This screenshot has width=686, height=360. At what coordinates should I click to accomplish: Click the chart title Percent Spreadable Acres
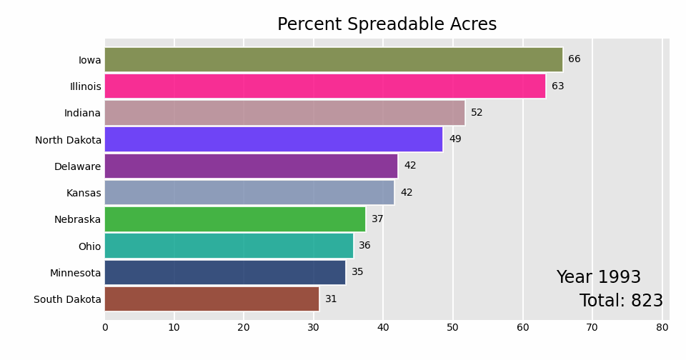[x=387, y=25]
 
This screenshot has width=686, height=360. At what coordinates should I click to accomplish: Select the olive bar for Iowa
[x=333, y=59]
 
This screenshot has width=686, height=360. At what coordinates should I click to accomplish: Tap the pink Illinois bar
[x=325, y=86]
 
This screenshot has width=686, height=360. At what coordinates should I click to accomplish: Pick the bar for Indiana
[x=284, y=113]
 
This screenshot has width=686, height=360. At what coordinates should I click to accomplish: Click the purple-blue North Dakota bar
[x=274, y=139]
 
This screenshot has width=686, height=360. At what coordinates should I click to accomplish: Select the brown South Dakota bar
[x=212, y=299]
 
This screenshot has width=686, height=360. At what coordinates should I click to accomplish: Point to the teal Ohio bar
[x=229, y=246]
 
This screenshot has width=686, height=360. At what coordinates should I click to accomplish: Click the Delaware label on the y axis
[x=77, y=166]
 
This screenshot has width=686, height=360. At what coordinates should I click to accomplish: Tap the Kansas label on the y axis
[x=84, y=193]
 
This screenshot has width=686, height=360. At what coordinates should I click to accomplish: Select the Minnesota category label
[x=75, y=273]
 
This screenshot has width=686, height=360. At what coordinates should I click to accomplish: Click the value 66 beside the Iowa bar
[x=575, y=59]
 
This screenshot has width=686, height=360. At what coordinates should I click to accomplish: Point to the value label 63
[x=557, y=86]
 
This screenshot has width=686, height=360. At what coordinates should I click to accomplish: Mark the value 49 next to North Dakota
[x=455, y=139]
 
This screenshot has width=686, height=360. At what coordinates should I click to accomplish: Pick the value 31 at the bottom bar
[x=331, y=299]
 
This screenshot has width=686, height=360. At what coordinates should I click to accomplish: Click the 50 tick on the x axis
[x=453, y=327]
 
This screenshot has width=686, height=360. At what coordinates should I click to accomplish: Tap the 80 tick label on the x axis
[x=662, y=327]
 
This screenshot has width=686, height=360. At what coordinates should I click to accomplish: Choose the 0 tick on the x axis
[x=105, y=327]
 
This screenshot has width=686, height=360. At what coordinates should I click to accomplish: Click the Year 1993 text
[x=598, y=278]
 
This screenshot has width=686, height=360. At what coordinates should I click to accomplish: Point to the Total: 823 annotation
[x=621, y=301]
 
